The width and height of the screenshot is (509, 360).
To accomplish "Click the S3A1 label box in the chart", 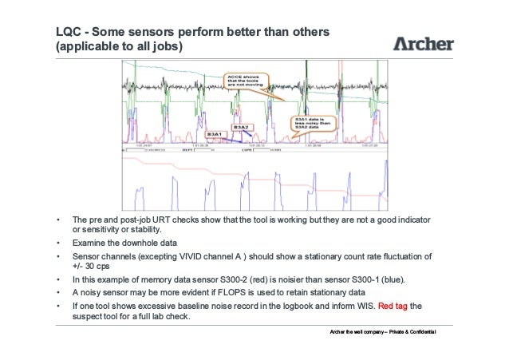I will click(214, 135).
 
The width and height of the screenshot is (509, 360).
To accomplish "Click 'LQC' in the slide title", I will click(66, 33).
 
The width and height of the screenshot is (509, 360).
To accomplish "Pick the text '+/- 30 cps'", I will click(92, 267).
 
